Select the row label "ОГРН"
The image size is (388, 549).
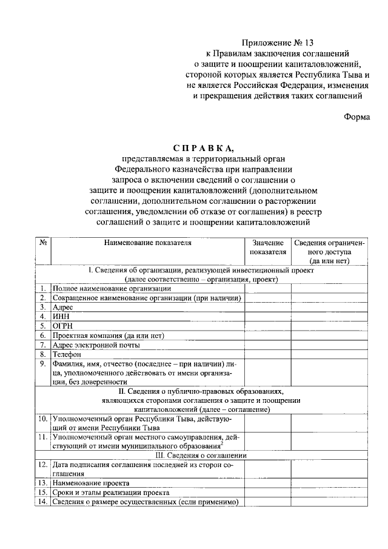[x=62, y=326]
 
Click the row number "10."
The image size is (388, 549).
[x=43, y=419]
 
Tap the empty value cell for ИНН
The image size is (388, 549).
[x=268, y=316]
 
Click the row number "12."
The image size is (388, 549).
[x=43, y=464]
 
